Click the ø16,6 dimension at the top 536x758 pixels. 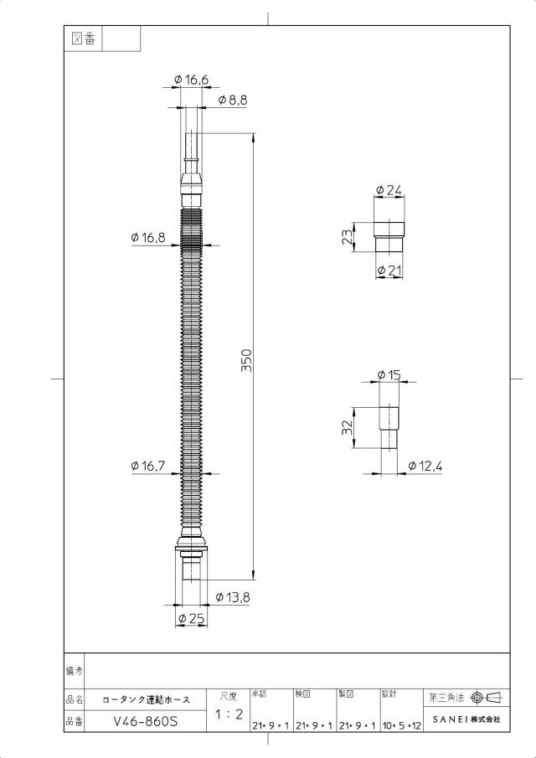click(x=192, y=80)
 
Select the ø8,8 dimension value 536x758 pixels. click(x=233, y=100)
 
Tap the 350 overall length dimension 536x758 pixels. click(x=247, y=360)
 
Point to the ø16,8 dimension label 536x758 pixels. click(x=148, y=237)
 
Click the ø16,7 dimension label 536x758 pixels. click(x=148, y=466)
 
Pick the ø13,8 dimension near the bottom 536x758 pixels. click(x=233, y=597)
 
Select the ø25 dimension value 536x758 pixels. click(x=192, y=618)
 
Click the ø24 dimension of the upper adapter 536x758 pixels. click(x=389, y=190)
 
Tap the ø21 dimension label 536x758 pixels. click(x=389, y=271)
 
